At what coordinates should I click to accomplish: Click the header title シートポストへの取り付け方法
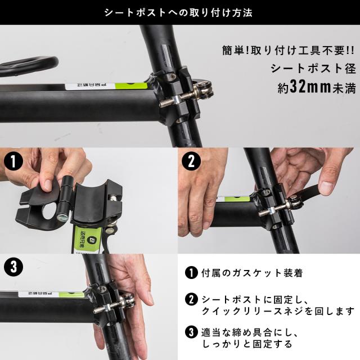(x=179, y=12)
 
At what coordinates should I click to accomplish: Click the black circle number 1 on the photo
(x=13, y=163)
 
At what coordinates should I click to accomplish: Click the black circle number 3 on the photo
(x=13, y=267)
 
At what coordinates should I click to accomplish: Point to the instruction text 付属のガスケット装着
(x=251, y=274)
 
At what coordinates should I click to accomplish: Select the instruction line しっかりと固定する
(x=245, y=343)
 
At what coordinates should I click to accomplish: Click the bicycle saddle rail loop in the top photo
(x=28, y=63)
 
